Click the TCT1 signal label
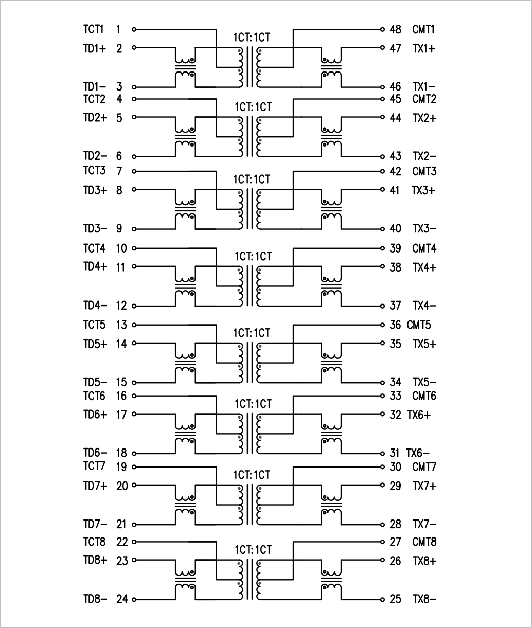pos(94,29)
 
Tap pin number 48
pos(395,29)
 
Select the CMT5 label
pos(419,325)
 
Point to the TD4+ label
pos(95,266)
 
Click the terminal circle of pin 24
pos(134,599)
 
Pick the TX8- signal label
pos(424,599)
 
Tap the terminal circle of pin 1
pos(134,29)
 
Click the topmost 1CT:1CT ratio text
pos(252,38)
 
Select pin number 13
pos(121,325)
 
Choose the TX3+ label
pos(423,190)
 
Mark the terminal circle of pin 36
pos(382,325)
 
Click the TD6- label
pos(95,453)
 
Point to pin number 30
pos(395,467)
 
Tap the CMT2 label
pos(424,99)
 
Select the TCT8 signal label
pos(94,542)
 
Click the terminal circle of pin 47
pos(382,48)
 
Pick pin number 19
pos(121,467)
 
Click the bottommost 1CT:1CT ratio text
pos(253,550)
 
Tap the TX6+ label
pos(419,415)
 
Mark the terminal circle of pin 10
pos(134,248)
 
